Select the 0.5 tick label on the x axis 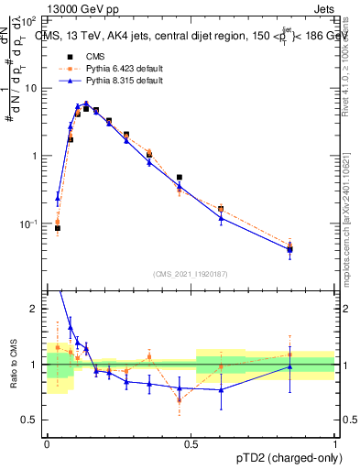tap(191, 443)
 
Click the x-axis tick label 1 tap(335, 443)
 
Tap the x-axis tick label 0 tap(47, 443)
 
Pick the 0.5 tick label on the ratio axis tap(32, 420)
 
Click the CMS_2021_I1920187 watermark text tap(191, 273)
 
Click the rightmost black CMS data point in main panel tap(289, 248)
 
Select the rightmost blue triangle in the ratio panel tap(289, 366)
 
